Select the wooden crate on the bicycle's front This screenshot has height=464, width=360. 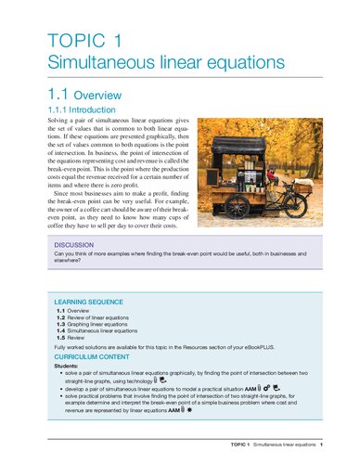coord(302,183)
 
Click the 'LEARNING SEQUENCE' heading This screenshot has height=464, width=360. coord(92,303)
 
